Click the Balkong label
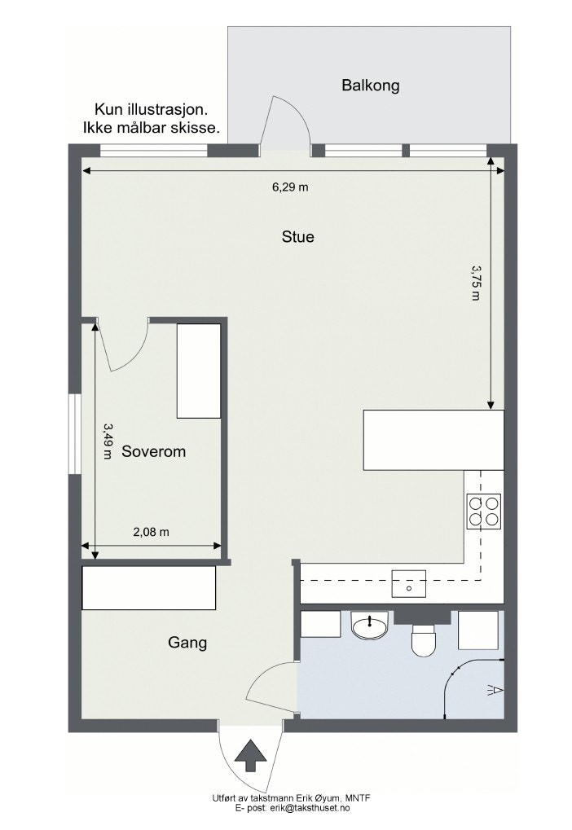coord(371,86)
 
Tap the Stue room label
coord(297,238)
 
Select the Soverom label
coord(153,451)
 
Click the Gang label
coord(187,643)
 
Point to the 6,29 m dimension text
coord(290,187)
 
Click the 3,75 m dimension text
coord(476,282)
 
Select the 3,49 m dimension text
coord(108,441)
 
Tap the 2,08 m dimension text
coord(151,532)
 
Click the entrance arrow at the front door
coord(251,755)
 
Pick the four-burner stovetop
coord(483,511)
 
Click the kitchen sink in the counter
coord(409,584)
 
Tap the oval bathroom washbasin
coord(371,626)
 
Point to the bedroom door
coord(126,346)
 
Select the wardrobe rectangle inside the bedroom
coord(199,371)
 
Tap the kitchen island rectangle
coord(433,440)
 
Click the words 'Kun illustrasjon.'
coord(151,109)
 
